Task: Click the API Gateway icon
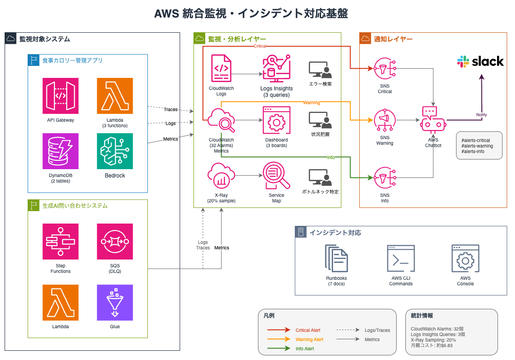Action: (x=60, y=96)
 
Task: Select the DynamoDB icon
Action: (x=60, y=151)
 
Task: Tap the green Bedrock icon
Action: (x=115, y=151)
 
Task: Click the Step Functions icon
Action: (x=60, y=242)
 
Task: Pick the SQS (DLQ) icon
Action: (x=115, y=242)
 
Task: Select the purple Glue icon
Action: (x=115, y=302)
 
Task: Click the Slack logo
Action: (x=480, y=62)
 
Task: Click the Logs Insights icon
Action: (x=276, y=68)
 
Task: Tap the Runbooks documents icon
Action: (x=336, y=259)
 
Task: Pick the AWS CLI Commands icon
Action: (x=401, y=259)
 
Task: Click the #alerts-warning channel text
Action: (x=477, y=146)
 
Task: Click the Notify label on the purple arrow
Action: (x=481, y=115)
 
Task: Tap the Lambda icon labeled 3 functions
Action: (x=115, y=96)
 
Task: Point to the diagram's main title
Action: (x=251, y=13)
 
